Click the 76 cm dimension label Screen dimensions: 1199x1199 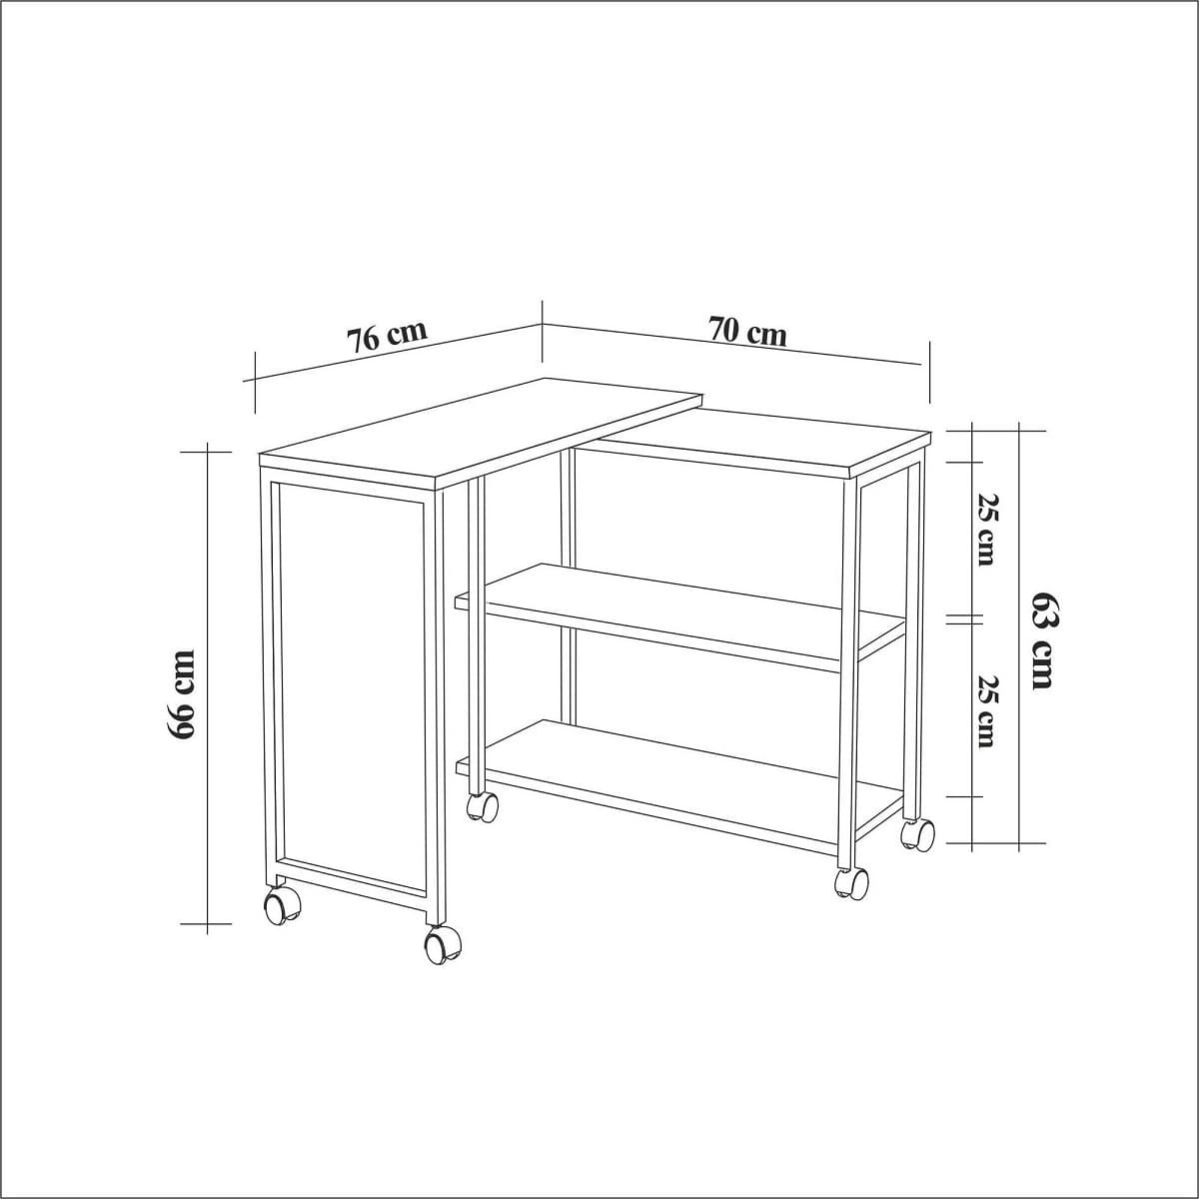(388, 336)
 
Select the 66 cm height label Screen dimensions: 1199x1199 (183, 694)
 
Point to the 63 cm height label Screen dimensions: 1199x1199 (1042, 639)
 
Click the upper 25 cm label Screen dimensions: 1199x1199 (986, 529)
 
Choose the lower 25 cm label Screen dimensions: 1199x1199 (986, 710)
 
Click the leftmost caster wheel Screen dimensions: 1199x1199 (282, 905)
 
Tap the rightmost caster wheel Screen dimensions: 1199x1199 (917, 833)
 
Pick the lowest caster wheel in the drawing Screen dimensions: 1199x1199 (443, 943)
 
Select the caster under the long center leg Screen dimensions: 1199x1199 (483, 806)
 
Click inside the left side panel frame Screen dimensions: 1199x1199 (350, 679)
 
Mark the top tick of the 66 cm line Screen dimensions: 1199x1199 (207, 452)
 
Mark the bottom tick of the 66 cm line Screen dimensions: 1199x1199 (207, 924)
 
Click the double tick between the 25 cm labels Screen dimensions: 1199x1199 (958, 619)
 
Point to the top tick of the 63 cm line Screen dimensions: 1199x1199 (1019, 431)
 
